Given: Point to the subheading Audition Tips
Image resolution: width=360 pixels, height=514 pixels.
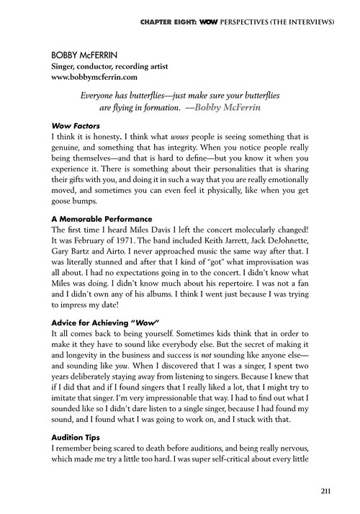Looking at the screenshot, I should click(x=72, y=436).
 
